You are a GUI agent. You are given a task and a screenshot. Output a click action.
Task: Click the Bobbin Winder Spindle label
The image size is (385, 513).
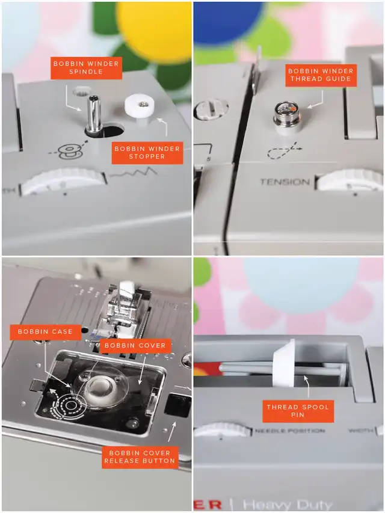pyautogui.click(x=86, y=68)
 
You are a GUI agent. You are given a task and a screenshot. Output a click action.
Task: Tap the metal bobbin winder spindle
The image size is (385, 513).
pyautogui.click(x=93, y=114)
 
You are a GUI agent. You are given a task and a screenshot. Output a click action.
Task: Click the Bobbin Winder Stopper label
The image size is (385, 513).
pyautogui.click(x=147, y=153)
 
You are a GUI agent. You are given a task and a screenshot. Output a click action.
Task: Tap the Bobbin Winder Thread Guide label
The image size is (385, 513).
pyautogui.click(x=321, y=75)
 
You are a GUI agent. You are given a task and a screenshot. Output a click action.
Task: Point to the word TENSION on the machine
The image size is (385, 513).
pyautogui.click(x=285, y=182)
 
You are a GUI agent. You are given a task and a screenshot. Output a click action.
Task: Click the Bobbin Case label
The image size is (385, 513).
pyautogui.click(x=45, y=332)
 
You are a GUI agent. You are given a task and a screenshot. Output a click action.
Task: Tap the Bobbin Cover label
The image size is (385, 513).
pyautogui.click(x=135, y=345)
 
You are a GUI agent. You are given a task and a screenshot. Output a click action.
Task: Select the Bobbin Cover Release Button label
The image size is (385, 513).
pyautogui.click(x=140, y=458)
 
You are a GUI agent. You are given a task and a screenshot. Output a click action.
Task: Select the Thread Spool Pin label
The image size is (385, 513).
pyautogui.click(x=298, y=411)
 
